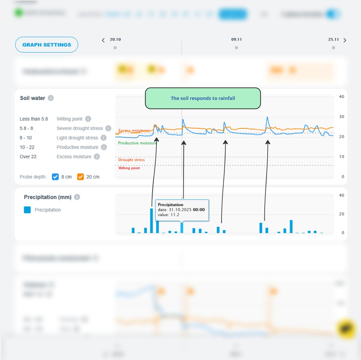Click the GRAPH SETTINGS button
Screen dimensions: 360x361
[47, 45]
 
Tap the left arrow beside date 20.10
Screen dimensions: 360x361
[104, 40]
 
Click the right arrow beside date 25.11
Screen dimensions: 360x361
[345, 40]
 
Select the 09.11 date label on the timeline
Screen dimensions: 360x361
[236, 40]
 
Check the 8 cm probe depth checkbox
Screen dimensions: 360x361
[55, 177]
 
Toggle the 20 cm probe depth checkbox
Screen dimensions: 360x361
[80, 177]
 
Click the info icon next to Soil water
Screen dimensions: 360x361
[51, 98]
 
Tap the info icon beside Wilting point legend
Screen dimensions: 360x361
[88, 119]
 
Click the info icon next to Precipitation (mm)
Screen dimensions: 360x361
[77, 197]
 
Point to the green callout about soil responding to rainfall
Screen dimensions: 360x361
[203, 98]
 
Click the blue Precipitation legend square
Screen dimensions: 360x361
[27, 210]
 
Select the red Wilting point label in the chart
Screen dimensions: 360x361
[129, 168]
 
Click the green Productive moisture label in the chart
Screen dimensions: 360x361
[137, 143]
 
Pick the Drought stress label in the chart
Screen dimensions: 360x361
[132, 160]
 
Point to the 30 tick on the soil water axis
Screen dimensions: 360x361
[342, 117]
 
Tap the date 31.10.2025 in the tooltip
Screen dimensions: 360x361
[180, 210]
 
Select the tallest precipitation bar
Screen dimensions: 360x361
[152, 220]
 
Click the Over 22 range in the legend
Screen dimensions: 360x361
[28, 157]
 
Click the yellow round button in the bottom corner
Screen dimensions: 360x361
[346, 329]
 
